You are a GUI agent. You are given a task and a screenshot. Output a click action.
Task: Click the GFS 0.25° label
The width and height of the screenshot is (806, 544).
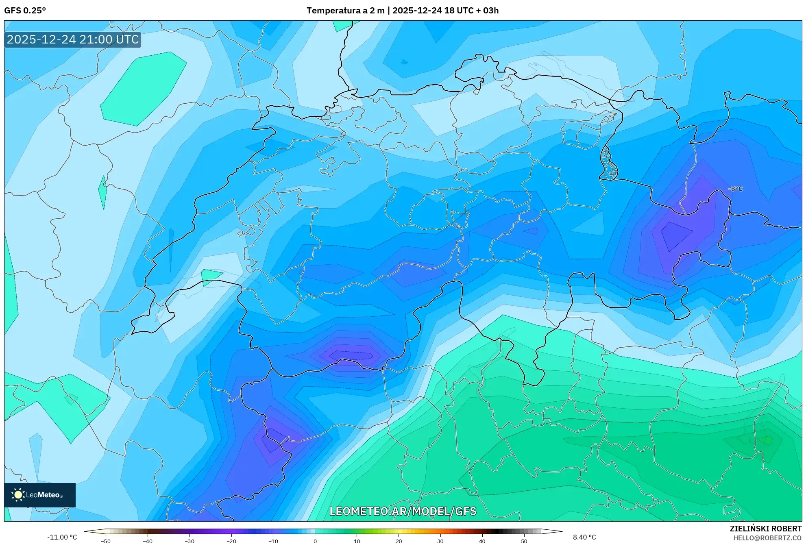pyautogui.click(x=25, y=11)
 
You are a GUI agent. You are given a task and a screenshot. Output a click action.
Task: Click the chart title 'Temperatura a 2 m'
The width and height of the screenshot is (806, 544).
pyautogui.click(x=345, y=11)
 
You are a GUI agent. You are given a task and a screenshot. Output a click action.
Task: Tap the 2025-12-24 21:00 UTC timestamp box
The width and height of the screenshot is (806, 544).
pyautogui.click(x=73, y=39)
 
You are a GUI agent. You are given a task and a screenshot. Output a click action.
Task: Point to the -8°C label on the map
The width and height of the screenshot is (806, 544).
pyautogui.click(x=735, y=189)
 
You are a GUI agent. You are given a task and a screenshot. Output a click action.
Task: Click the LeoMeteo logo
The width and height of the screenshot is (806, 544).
pyautogui.click(x=40, y=495)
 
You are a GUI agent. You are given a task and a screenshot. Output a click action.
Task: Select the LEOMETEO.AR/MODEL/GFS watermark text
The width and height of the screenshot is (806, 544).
pyautogui.click(x=403, y=511)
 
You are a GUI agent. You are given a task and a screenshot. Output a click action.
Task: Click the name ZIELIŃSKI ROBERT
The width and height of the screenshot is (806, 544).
pyautogui.click(x=765, y=529)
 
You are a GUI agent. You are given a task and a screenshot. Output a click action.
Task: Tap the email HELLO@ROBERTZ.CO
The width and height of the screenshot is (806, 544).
pyautogui.click(x=767, y=538)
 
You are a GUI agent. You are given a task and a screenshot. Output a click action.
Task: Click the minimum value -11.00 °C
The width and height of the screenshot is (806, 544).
pyautogui.click(x=62, y=537)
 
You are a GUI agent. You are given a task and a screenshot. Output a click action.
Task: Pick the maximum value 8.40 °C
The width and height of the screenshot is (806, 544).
pyautogui.click(x=584, y=537)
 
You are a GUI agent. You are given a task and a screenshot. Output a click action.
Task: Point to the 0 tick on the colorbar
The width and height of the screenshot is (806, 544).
pyautogui.click(x=315, y=541)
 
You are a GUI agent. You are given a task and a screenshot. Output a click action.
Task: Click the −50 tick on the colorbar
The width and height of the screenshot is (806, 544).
pyautogui.click(x=105, y=541)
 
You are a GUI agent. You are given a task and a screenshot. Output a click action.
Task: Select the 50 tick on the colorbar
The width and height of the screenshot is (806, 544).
pyautogui.click(x=524, y=541)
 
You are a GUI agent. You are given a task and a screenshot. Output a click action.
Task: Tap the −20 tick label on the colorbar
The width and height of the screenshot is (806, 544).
pyautogui.click(x=231, y=541)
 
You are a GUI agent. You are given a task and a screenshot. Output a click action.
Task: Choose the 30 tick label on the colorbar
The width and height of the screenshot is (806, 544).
pyautogui.click(x=440, y=541)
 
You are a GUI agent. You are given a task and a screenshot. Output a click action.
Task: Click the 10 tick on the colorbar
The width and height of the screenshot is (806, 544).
pyautogui.click(x=357, y=541)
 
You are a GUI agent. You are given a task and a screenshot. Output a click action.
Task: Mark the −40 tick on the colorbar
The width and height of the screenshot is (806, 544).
pyautogui.click(x=147, y=541)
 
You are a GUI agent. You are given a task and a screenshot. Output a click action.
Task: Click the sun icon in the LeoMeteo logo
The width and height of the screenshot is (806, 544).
pyautogui.click(x=18, y=494)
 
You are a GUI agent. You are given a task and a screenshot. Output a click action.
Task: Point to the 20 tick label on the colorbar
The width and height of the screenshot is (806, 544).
pyautogui.click(x=399, y=541)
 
